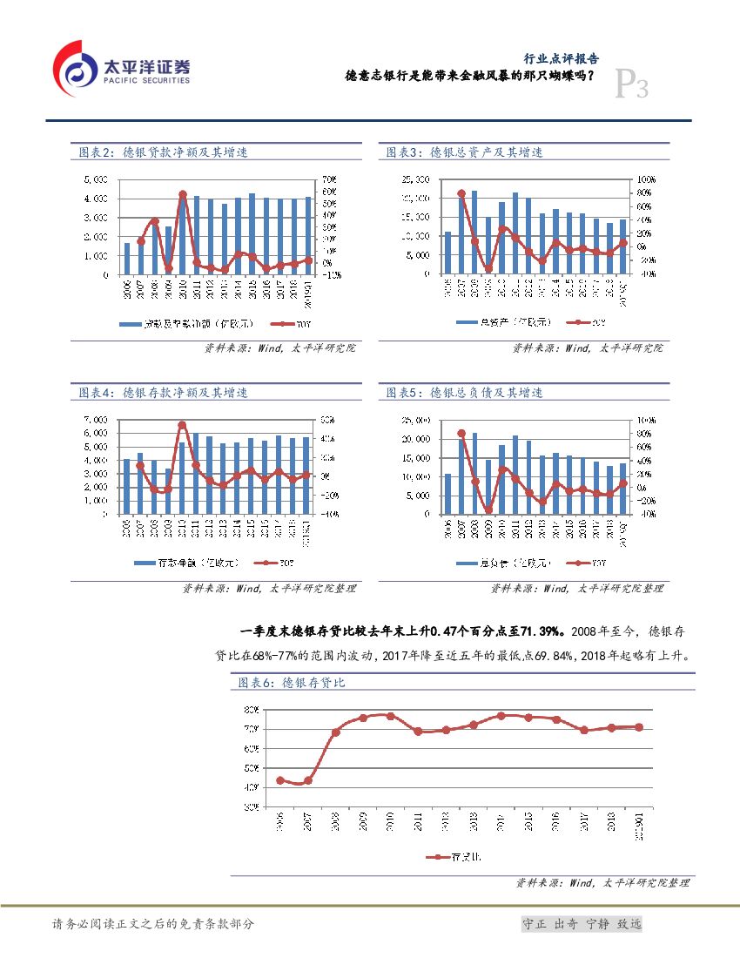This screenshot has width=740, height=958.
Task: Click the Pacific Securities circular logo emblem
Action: [77, 71]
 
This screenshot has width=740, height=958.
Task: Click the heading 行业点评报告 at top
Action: [560, 59]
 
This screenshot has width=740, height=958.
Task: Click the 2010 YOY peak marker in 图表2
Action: [183, 194]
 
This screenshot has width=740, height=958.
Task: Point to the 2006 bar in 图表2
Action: [127, 259]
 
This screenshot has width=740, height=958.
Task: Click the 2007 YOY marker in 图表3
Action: [461, 193]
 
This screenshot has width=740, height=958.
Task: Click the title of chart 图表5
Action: [465, 393]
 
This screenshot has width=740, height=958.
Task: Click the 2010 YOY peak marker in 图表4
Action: [182, 425]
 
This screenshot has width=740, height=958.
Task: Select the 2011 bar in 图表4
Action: [196, 473]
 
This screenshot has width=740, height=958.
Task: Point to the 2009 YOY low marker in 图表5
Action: [489, 510]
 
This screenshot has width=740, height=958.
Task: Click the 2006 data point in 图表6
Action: [280, 780]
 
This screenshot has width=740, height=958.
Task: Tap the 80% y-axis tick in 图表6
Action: [250, 709]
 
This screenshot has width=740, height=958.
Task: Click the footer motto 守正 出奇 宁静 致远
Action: [581, 924]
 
